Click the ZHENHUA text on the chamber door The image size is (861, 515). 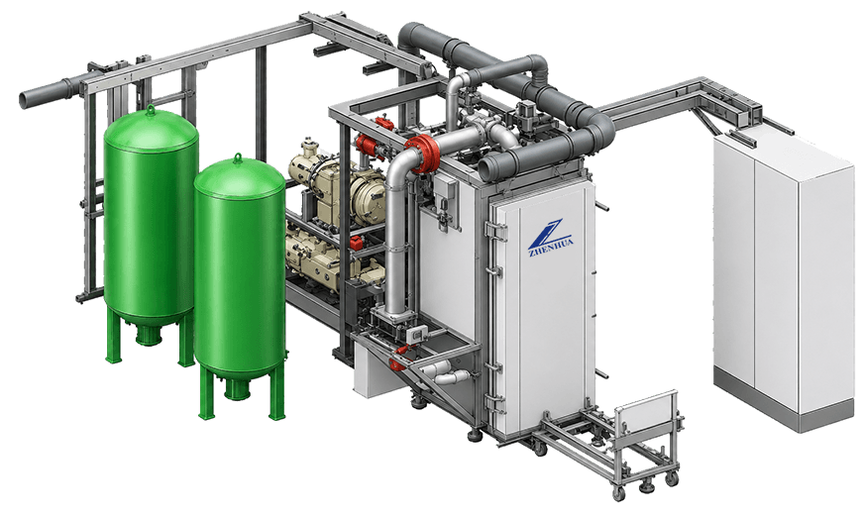point(550,247)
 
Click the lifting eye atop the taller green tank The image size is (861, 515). point(150,109)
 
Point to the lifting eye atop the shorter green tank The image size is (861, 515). point(238,158)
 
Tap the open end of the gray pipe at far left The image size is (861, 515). point(25,99)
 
